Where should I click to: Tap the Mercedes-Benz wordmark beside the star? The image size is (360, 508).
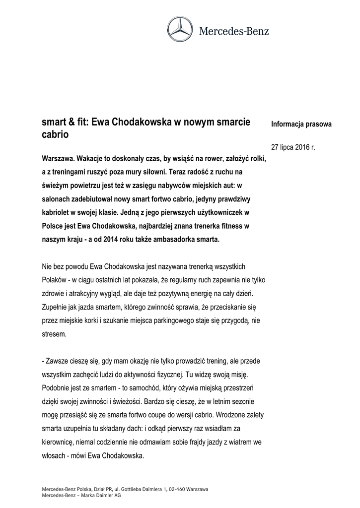[x=234, y=31]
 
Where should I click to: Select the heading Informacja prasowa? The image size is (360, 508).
[x=301, y=124]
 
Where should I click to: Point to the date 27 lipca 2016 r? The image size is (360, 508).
[x=293, y=147]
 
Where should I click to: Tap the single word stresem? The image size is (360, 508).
[x=54, y=335]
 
